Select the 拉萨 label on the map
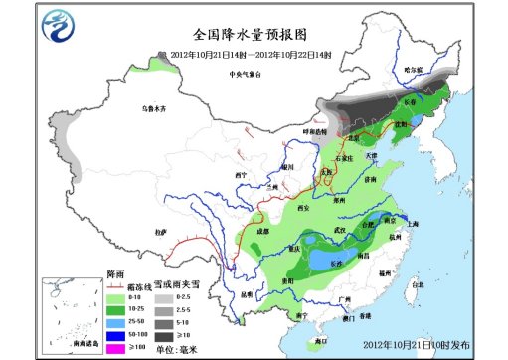[160, 231]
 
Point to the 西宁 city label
[239, 175]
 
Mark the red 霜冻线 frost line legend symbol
[114, 284]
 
